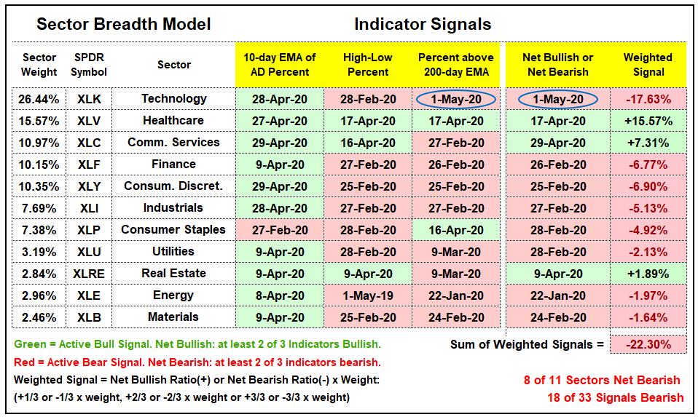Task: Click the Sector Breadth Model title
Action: (x=124, y=24)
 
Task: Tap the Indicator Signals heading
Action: (x=423, y=24)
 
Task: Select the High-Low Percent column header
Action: (x=368, y=65)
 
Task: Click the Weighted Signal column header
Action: (x=648, y=65)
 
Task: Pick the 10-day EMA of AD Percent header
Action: (x=280, y=65)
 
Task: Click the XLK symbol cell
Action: (x=89, y=99)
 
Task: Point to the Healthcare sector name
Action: (x=173, y=121)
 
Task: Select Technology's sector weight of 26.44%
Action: (x=39, y=99)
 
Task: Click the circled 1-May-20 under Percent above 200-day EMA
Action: (x=456, y=99)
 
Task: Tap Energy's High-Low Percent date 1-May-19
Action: (x=368, y=295)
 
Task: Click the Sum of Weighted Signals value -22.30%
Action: (x=648, y=344)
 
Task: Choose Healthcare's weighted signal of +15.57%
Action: (x=648, y=121)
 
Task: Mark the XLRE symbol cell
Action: (x=89, y=274)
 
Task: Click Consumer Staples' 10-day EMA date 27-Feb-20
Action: (x=280, y=230)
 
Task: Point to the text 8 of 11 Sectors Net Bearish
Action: (x=602, y=380)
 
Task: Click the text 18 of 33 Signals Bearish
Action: (x=615, y=397)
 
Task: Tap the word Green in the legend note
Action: (x=31, y=344)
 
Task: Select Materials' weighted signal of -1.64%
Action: (x=648, y=317)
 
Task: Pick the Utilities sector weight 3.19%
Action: (x=39, y=252)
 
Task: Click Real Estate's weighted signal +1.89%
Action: (x=648, y=274)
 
